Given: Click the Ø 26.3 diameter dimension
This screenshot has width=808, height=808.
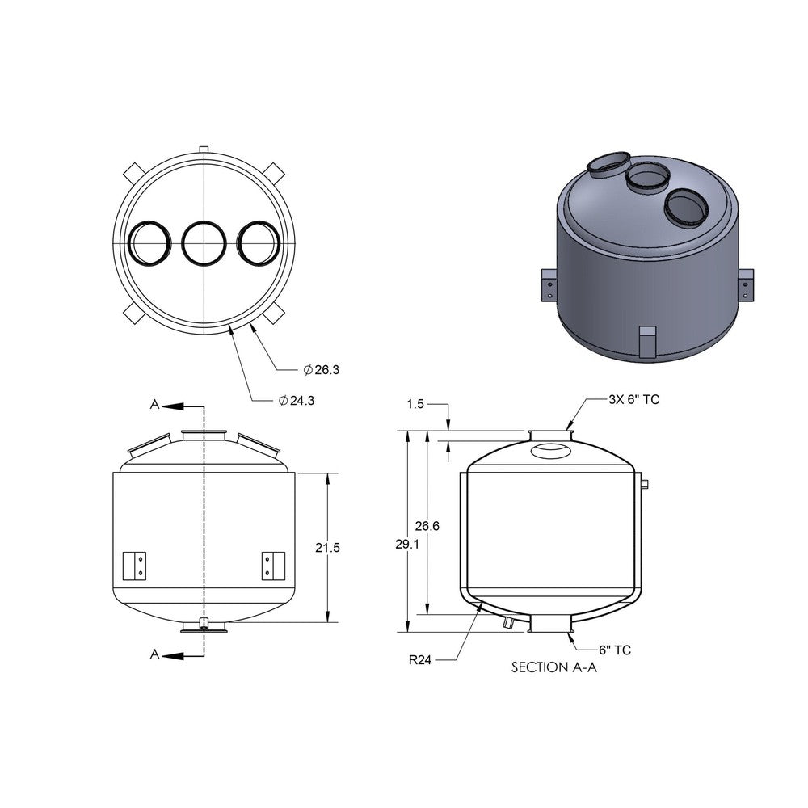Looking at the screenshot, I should click(x=322, y=370).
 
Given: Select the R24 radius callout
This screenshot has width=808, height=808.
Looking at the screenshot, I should click(x=419, y=659).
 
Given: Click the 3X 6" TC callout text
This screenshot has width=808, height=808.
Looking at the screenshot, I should click(x=634, y=400).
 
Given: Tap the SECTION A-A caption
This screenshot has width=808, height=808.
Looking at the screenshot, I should click(x=553, y=668).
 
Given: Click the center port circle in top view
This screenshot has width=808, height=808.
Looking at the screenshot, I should click(x=204, y=242).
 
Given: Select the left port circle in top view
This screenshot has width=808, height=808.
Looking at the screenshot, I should click(x=150, y=242).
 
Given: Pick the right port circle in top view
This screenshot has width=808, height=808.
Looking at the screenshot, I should click(x=259, y=242).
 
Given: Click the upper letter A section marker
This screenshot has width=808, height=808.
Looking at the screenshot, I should click(x=154, y=406).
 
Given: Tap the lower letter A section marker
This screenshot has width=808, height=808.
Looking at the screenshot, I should click(x=154, y=655).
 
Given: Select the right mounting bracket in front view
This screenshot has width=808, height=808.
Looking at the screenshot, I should click(x=274, y=566).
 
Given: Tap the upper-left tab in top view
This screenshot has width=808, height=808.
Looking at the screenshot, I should click(x=134, y=174).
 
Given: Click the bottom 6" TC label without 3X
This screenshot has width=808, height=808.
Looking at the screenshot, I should click(x=615, y=650).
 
